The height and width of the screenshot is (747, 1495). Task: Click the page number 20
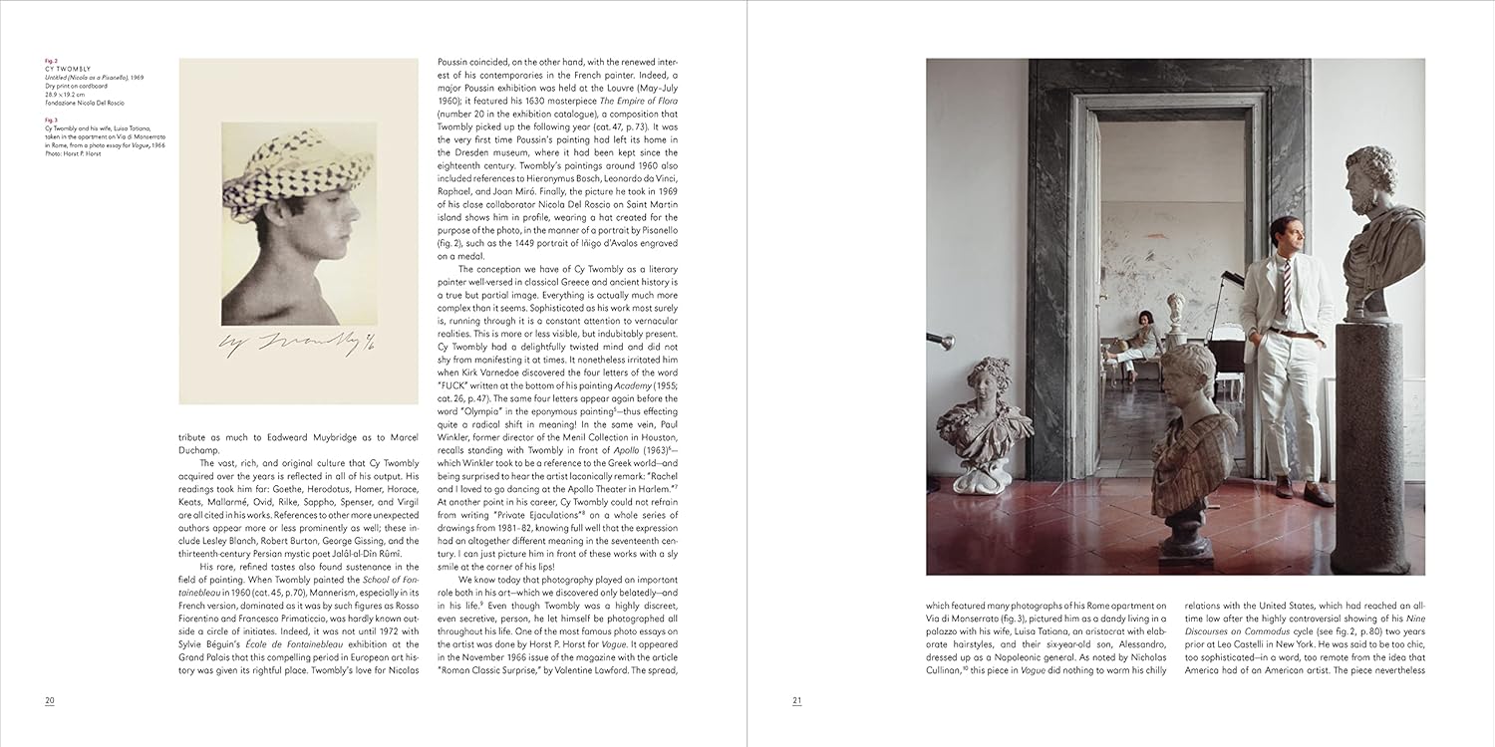point(50,700)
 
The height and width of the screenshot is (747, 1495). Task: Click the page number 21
point(797,700)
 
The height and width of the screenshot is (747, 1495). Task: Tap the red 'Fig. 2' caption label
point(51,61)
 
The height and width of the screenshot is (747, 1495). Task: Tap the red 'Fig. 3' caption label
point(51,121)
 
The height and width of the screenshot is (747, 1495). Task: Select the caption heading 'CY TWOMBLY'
point(67,69)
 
